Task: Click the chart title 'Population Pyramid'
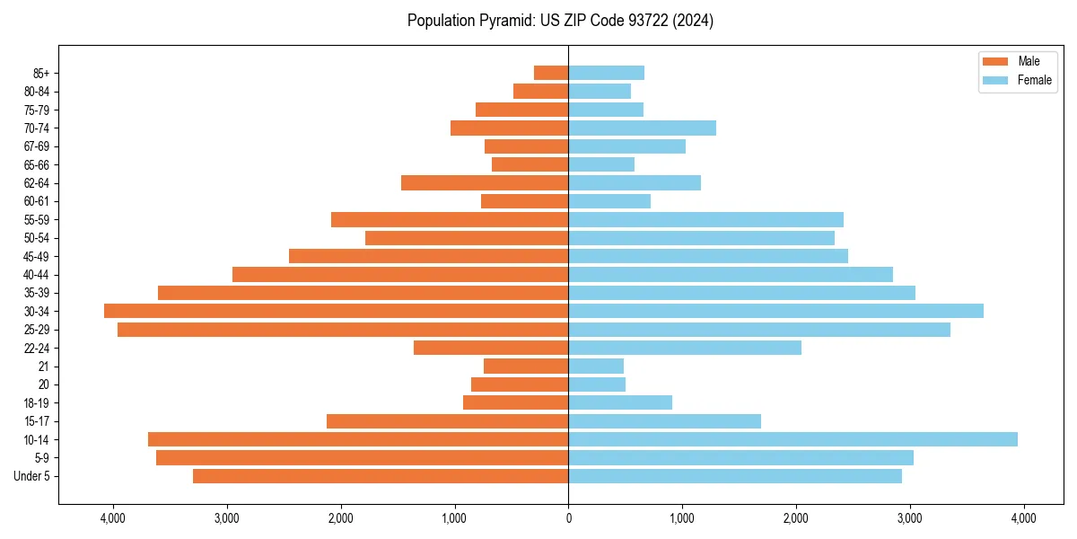tap(560, 21)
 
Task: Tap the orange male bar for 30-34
tap(337, 311)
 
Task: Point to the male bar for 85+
tap(551, 73)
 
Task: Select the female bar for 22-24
tap(685, 348)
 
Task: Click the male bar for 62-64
tap(485, 182)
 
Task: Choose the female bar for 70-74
tap(642, 128)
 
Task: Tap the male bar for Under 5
tap(381, 476)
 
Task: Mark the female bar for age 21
tap(596, 366)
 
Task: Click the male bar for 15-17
tap(447, 421)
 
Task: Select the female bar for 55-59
tap(705, 219)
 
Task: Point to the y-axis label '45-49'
tap(37, 256)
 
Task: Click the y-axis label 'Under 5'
tap(32, 476)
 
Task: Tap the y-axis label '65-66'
tap(37, 164)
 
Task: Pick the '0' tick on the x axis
tap(568, 518)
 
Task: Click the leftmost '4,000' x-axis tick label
tap(113, 518)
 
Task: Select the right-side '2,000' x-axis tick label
tap(796, 518)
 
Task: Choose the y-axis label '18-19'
tap(37, 402)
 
